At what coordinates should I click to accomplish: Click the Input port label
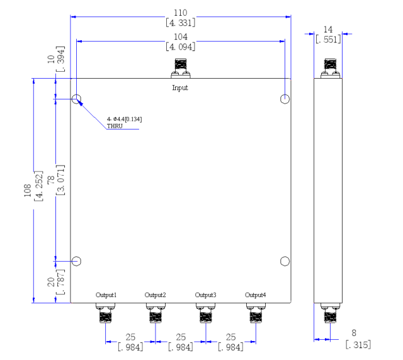(180, 88)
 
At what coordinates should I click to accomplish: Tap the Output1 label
(106, 295)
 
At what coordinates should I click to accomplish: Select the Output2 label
(156, 295)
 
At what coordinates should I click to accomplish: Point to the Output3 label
(206, 295)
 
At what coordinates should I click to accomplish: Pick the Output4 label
(256, 295)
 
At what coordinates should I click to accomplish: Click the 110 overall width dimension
(181, 13)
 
